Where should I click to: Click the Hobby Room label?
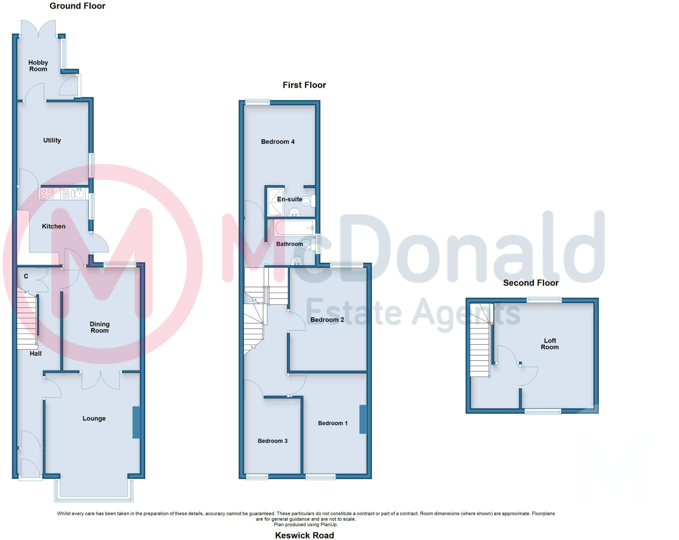tap(38, 66)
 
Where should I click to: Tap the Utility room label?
tap(52, 140)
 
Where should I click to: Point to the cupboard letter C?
tap(26, 276)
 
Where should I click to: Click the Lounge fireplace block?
tap(136, 422)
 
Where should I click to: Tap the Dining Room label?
tap(99, 327)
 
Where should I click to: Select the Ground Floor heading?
tap(77, 6)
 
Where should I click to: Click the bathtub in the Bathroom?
tap(294, 228)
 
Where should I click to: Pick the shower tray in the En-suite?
tap(276, 202)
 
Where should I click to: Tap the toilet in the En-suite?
tap(307, 201)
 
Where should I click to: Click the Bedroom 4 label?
tap(278, 142)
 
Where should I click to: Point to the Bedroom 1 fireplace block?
tap(363, 419)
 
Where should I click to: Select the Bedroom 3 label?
tap(273, 441)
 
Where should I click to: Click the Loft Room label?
tap(550, 344)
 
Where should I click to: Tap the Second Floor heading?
tap(530, 283)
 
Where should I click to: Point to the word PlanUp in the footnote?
tap(329, 524)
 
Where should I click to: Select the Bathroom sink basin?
tap(296, 261)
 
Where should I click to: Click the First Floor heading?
tap(304, 85)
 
